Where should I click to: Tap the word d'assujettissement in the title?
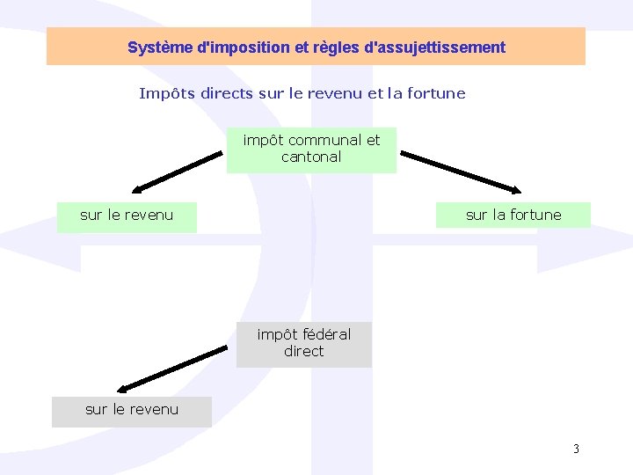click(440, 47)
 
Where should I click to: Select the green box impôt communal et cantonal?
click(311, 150)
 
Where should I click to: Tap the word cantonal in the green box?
click(311, 157)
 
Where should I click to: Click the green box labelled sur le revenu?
click(127, 216)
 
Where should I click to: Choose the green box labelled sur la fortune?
click(513, 215)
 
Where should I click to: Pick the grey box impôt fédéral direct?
click(304, 344)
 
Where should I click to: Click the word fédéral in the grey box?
click(326, 334)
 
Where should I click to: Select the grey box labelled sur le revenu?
click(132, 411)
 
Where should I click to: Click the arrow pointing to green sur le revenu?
click(177, 171)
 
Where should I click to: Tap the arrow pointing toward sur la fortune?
click(461, 171)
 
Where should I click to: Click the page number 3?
click(576, 449)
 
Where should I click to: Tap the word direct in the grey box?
click(304, 352)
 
